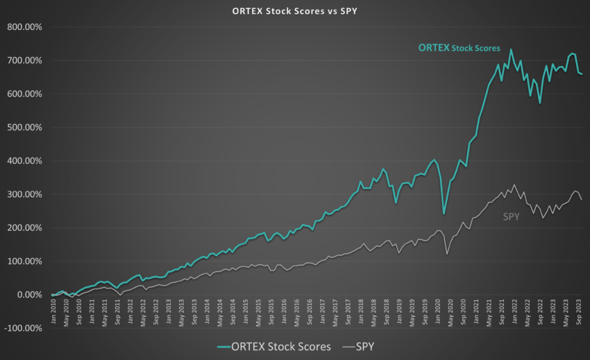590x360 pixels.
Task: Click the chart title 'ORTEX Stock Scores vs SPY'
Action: coord(295,12)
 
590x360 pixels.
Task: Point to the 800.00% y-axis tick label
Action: coord(24,28)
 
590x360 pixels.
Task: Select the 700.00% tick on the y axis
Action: coord(24,61)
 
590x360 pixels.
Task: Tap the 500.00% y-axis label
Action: coord(24,128)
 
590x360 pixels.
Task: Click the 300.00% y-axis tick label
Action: coord(24,194)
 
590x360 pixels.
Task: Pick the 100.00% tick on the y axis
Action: coord(24,262)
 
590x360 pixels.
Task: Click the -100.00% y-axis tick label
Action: coord(23,328)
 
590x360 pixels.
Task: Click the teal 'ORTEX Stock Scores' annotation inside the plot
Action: coord(459,48)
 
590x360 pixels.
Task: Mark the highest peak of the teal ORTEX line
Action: coord(511,49)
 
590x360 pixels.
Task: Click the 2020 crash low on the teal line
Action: coord(444,214)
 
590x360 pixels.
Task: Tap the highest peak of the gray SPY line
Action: coord(514,185)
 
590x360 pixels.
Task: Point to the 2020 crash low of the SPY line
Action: coord(447,255)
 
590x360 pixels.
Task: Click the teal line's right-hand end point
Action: coord(582,74)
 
